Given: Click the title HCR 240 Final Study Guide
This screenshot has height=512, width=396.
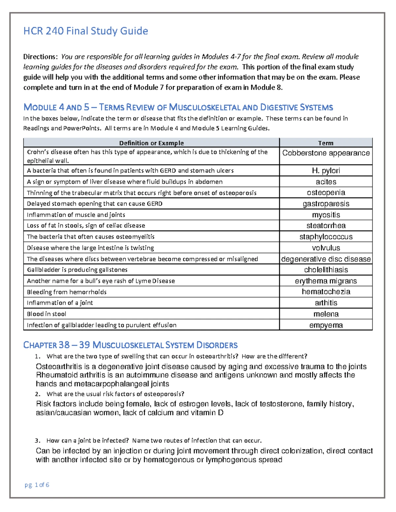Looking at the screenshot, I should [x=85, y=31].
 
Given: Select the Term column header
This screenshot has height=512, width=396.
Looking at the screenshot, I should [x=325, y=143].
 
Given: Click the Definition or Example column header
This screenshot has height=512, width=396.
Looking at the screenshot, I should [x=151, y=143].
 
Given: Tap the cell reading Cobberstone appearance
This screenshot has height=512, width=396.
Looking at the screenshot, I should [x=326, y=153].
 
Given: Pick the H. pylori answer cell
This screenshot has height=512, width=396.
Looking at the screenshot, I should [x=326, y=170].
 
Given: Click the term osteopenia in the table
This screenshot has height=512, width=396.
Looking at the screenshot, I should [x=326, y=193].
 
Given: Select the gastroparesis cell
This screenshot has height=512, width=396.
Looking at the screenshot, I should [x=326, y=204].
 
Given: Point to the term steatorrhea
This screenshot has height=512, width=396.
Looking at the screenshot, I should [x=326, y=226].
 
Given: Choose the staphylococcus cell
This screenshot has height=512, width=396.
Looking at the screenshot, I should [x=326, y=237].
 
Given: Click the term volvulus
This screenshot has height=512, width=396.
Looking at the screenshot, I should [x=326, y=248].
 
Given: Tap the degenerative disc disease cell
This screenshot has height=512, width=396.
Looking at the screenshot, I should [x=326, y=259].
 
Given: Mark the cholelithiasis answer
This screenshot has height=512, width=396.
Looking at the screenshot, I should [x=326, y=270].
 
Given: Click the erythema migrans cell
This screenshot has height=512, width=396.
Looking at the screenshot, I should [x=326, y=281].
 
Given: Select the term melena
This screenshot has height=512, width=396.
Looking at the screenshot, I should [x=326, y=314].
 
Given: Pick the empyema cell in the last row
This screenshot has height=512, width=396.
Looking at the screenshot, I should [x=326, y=325].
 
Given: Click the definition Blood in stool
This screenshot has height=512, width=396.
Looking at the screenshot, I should [x=47, y=314].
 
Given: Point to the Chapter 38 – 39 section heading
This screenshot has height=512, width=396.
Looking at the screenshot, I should [x=130, y=345].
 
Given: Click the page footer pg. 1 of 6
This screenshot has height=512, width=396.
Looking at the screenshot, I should [x=37, y=485].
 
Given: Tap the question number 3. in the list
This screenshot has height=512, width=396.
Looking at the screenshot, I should [x=38, y=441].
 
